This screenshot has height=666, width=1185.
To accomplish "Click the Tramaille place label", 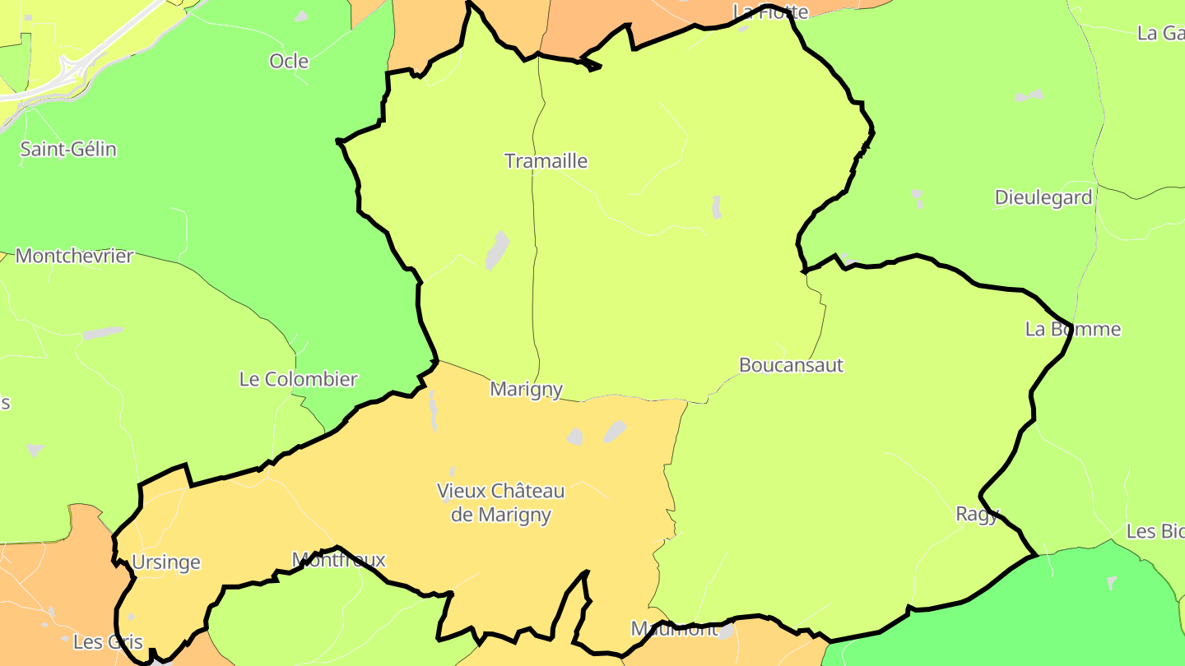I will (546, 161).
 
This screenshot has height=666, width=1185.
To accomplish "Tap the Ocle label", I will (289, 61).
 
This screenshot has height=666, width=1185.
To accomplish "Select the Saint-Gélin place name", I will (68, 150).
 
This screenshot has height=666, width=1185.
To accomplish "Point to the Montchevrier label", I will (74, 256).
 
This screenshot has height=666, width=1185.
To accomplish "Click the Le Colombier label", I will (299, 379).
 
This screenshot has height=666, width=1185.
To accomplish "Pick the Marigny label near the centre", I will (527, 389).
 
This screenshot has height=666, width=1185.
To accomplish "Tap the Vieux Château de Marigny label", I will (501, 503).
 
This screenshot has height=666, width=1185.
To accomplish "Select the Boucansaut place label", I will (791, 365).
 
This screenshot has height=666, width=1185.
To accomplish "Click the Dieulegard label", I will (1043, 197).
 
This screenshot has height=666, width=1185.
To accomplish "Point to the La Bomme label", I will (1073, 330).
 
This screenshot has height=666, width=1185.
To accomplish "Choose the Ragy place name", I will (977, 515).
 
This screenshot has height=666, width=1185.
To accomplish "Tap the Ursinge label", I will (166, 562).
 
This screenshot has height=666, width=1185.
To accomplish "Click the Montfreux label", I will (339, 561).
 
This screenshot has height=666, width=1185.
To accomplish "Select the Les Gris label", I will (109, 642).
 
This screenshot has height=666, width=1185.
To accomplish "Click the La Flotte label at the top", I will (771, 12).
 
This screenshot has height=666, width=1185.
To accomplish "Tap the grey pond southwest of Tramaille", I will (497, 250).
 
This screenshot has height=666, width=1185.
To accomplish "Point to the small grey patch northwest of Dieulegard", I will (1029, 96).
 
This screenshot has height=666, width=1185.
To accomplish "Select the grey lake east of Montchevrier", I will (104, 333).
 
